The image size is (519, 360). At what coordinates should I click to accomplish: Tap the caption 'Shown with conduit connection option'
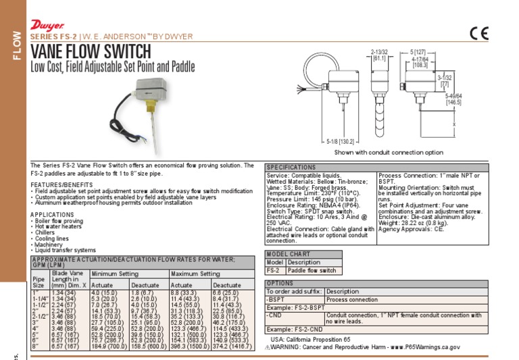point(389,153)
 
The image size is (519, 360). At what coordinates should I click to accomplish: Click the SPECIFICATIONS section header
point(291,167)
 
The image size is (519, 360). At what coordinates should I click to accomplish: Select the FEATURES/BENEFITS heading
point(61,184)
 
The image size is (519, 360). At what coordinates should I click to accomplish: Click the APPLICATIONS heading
point(53,214)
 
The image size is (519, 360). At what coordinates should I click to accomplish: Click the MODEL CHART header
point(289,254)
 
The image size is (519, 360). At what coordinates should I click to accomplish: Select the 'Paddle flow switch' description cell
point(312,270)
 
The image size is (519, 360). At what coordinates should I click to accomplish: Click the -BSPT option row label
point(276,299)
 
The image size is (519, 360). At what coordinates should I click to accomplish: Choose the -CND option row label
point(275,316)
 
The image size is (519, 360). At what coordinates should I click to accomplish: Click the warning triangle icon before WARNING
point(268,346)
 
